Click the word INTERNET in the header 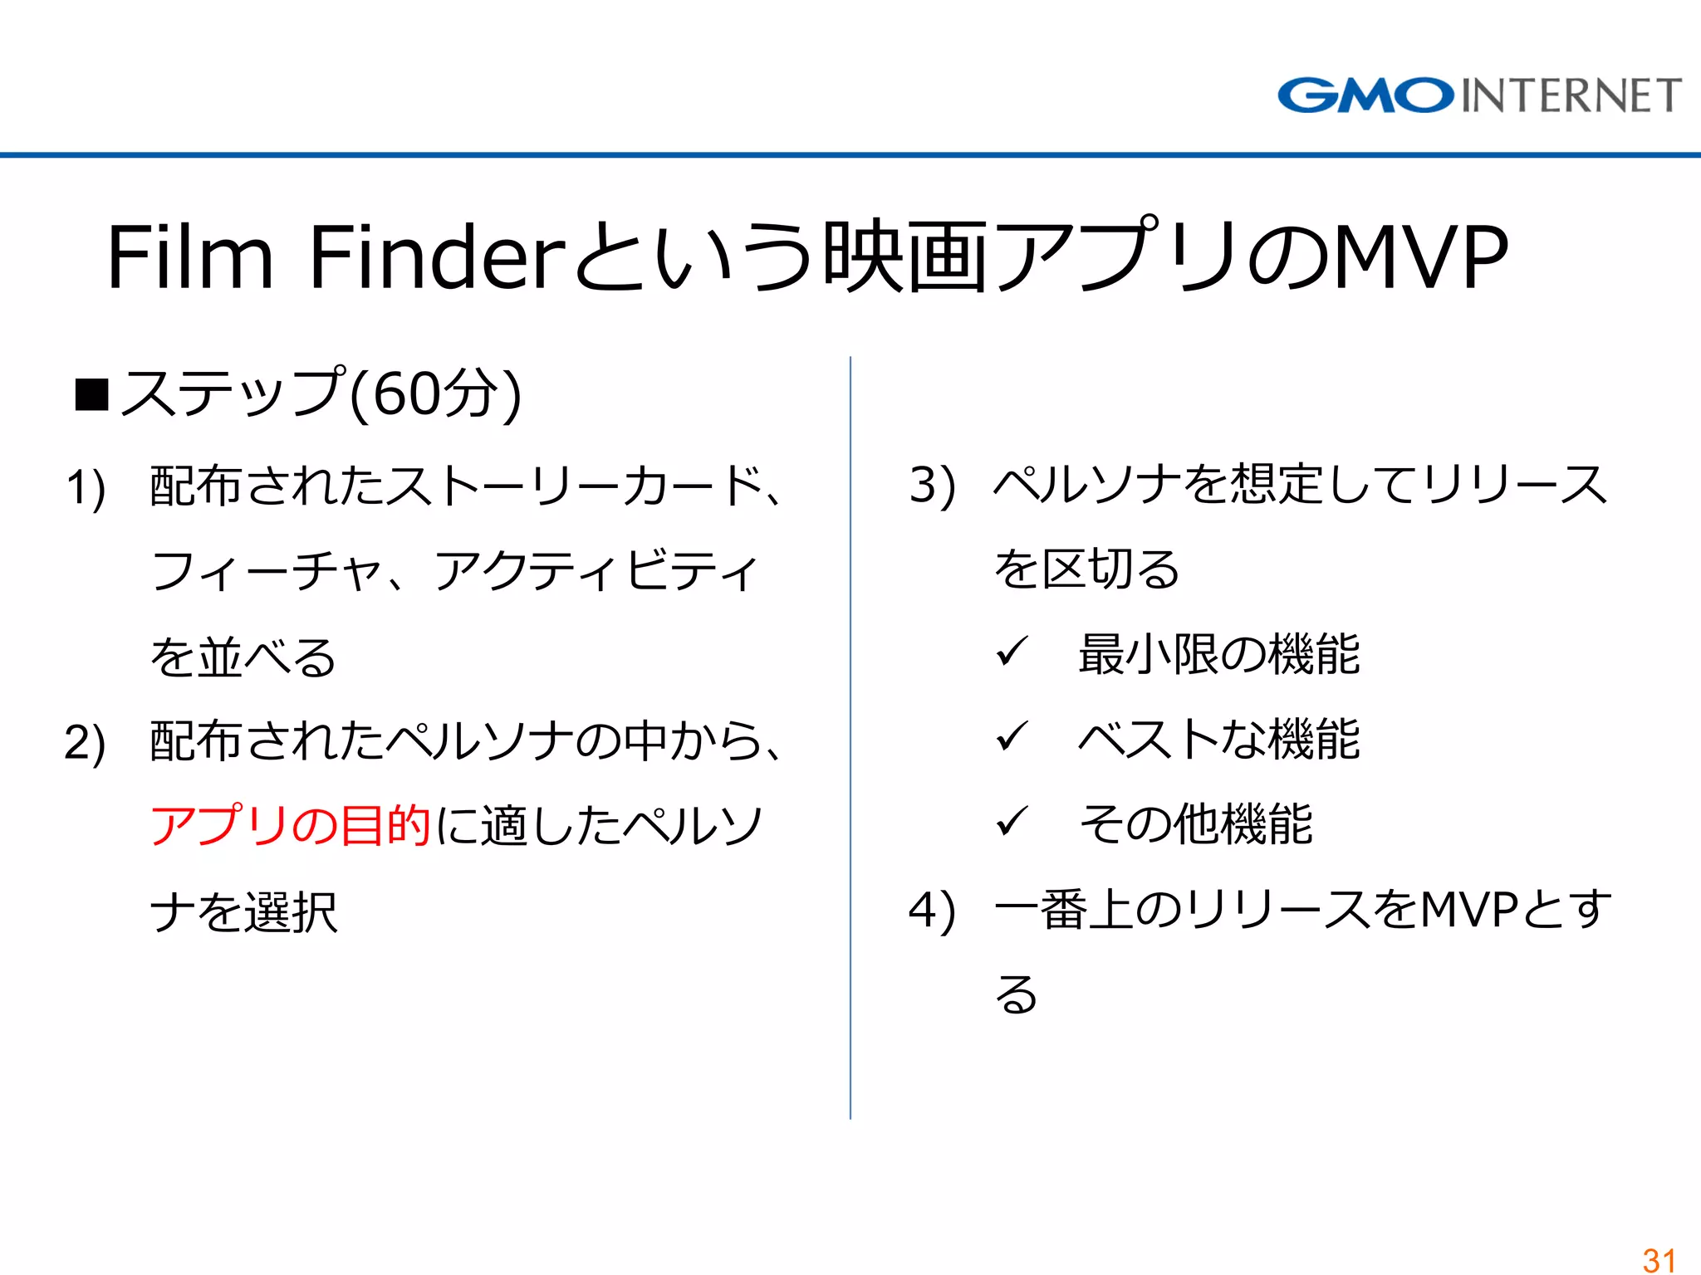coord(1571,95)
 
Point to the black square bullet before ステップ coord(91,395)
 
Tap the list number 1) coord(86,487)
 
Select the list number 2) coord(85,742)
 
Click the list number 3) coord(932,485)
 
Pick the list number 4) coord(932,911)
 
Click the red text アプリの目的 coord(290,825)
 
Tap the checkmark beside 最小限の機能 coord(1012,652)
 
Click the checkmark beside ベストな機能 coord(1012,736)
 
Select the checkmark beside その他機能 coord(1012,822)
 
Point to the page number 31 coord(1659,1259)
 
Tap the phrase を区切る coord(1086,570)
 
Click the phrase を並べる coord(243,657)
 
